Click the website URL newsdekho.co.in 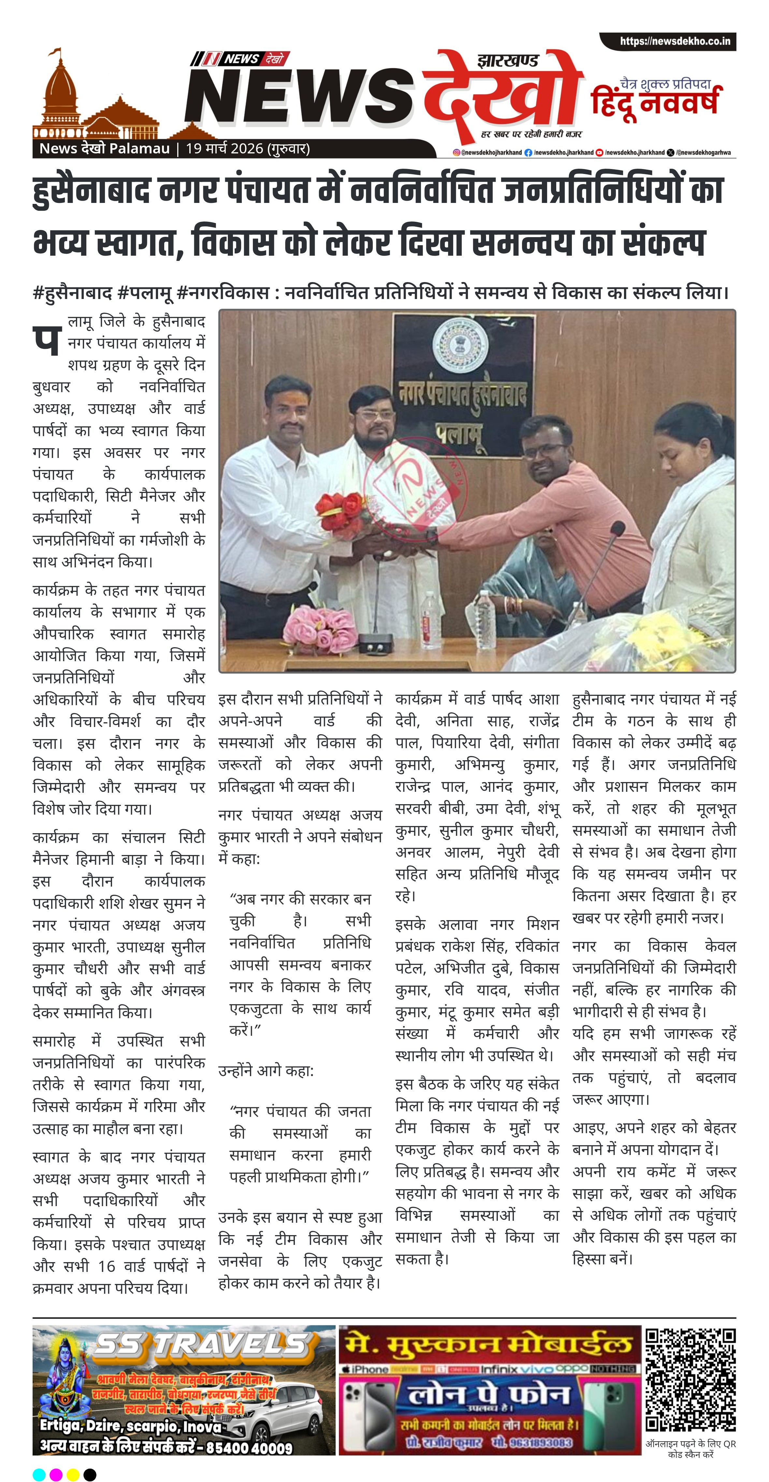click(675, 41)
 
